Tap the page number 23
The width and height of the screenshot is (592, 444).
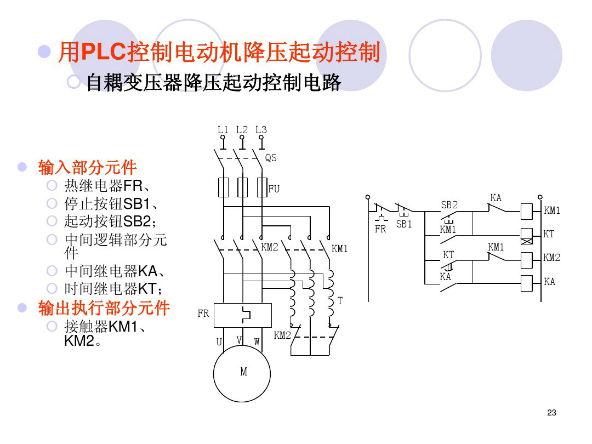point(551,413)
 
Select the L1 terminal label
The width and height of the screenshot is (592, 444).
point(223,130)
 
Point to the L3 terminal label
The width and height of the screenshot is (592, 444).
point(261,130)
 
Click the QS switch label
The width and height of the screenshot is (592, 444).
point(271,158)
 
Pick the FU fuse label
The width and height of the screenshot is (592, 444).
point(274,189)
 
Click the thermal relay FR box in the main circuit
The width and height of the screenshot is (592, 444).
point(242,315)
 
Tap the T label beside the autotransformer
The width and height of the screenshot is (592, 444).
point(340,301)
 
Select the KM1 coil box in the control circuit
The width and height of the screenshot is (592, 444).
point(527,210)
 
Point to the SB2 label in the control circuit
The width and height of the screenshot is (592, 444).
point(449,205)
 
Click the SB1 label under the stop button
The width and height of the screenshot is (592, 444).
point(404,224)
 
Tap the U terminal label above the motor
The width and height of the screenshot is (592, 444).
point(219,342)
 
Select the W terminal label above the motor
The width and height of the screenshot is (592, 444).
point(257,341)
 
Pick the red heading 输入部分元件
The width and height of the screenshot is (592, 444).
point(87,167)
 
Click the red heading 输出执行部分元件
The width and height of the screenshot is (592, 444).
point(104,308)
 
